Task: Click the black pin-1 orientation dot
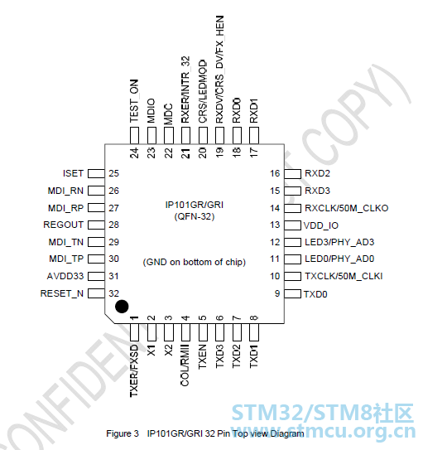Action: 122,307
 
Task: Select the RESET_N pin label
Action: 62,293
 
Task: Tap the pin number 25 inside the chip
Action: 113,173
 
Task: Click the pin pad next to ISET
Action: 96,174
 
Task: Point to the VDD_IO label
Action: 321,225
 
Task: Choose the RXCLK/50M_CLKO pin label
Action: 347,208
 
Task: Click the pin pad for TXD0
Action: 292,294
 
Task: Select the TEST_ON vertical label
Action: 134,101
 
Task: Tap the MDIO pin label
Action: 151,110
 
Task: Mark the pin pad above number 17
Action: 254,135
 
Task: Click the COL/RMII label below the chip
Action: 185,365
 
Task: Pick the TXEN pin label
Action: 202,356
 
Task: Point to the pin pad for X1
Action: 151,332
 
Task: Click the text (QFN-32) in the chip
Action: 195,216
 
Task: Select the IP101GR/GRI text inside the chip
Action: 195,205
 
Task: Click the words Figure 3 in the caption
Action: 123,433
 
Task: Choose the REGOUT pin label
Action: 64,225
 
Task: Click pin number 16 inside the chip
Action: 275,173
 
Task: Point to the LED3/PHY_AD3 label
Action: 339,242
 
